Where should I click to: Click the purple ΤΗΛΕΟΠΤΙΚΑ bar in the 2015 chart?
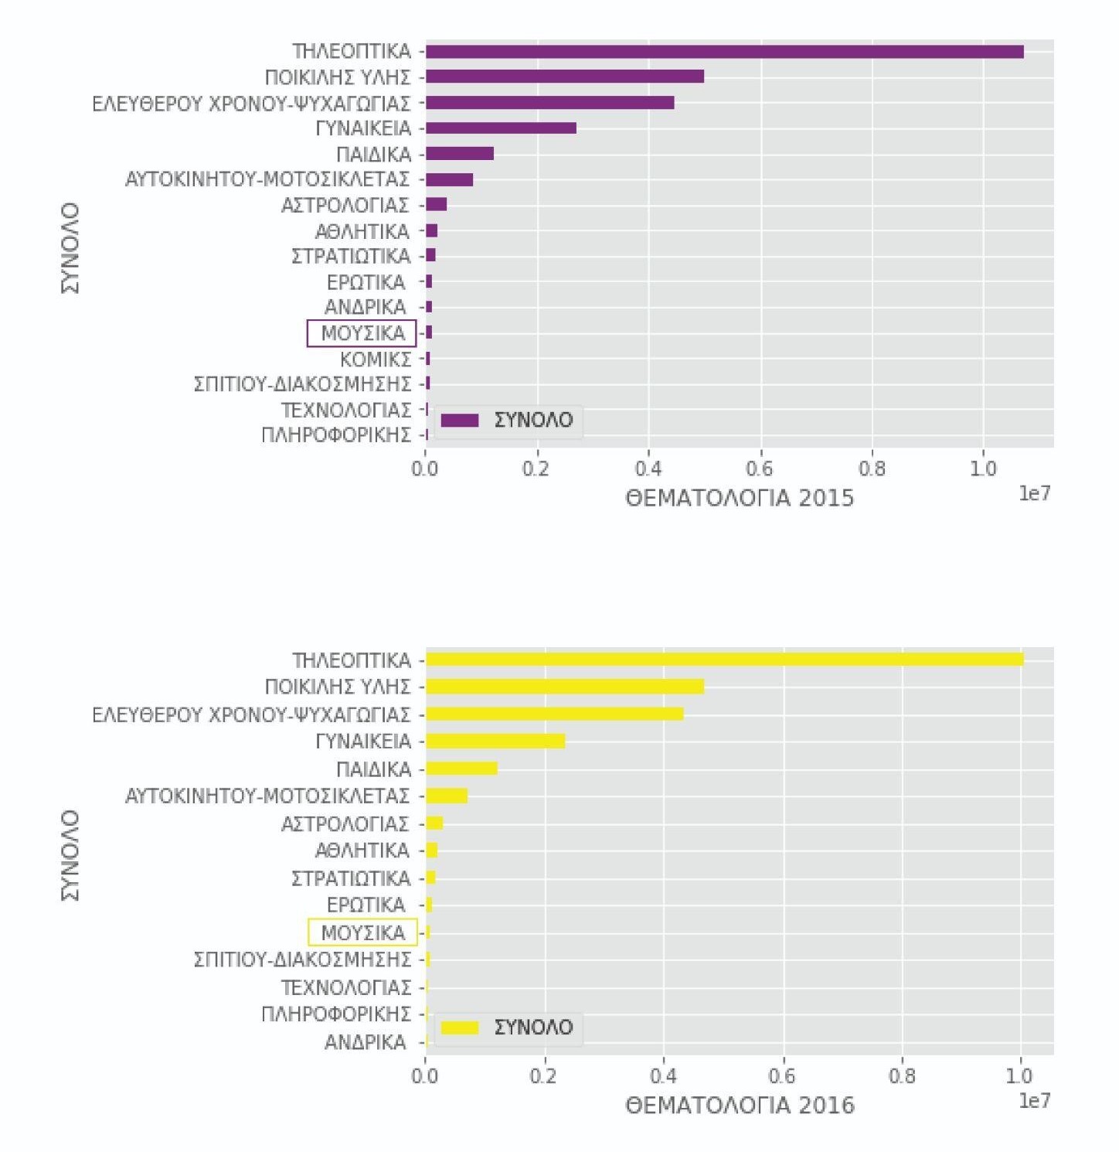point(724,52)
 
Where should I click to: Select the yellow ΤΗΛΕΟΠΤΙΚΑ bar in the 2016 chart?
point(724,660)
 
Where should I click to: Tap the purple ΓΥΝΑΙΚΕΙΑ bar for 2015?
point(501,128)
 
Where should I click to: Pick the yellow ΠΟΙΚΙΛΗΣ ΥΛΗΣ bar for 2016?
point(565,687)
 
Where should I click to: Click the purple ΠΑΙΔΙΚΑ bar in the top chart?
point(460,154)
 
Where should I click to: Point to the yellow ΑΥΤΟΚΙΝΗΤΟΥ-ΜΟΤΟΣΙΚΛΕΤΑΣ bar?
point(447,796)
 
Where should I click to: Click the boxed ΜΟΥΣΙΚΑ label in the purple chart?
point(362,333)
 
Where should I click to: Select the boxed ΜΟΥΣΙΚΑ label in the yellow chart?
point(362,932)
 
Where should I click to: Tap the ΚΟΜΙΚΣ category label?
point(376,360)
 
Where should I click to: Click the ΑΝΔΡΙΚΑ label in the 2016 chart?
point(365,1042)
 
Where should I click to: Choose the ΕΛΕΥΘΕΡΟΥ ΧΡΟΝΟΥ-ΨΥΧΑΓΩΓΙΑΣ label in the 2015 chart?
point(251,103)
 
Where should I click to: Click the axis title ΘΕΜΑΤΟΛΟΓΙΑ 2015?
point(740,498)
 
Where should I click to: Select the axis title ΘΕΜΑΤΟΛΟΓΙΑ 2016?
point(740,1106)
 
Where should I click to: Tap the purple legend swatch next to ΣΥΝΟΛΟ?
point(460,421)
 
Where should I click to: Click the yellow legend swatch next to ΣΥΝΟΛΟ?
point(460,1028)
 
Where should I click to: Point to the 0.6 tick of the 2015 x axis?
point(760,469)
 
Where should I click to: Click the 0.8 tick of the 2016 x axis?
point(902,1076)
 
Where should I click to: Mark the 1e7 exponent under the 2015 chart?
point(1034,493)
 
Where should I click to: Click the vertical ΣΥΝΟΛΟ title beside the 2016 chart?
point(70,855)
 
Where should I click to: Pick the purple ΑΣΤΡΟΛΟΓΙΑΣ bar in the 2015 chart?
point(437,205)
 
